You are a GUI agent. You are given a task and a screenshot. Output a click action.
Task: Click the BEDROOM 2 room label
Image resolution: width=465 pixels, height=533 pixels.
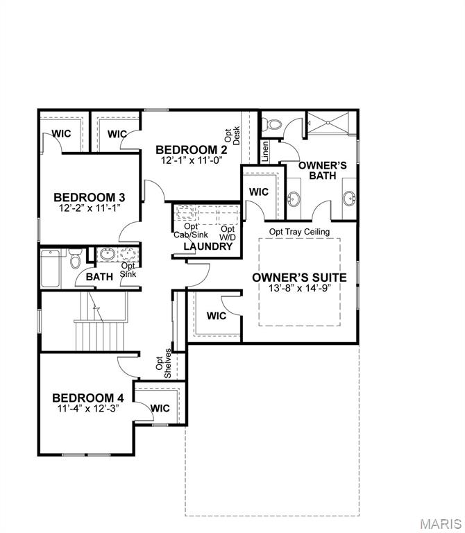pyautogui.click(x=191, y=149)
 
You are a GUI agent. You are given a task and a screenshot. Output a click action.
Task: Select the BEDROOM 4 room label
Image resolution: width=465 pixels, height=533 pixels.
pyautogui.click(x=88, y=398)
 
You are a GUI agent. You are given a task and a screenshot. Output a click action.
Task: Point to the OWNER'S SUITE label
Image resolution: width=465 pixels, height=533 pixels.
pyautogui.click(x=300, y=276)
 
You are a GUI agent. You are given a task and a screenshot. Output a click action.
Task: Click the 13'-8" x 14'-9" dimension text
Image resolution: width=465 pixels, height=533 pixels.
pyautogui.click(x=300, y=287)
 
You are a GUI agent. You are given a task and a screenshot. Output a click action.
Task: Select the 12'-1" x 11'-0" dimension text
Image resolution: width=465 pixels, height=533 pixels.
pyautogui.click(x=191, y=160)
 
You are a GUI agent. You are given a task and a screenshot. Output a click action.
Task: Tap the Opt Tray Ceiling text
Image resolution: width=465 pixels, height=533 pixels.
pyautogui.click(x=299, y=232)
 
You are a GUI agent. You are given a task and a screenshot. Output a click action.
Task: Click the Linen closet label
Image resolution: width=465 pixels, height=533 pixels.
pyautogui.click(x=265, y=151)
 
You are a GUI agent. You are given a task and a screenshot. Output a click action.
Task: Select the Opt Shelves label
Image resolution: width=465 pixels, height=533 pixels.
pyautogui.click(x=163, y=367)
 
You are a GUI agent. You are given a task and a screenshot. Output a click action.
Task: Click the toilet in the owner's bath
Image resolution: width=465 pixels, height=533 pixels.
pyautogui.click(x=273, y=125)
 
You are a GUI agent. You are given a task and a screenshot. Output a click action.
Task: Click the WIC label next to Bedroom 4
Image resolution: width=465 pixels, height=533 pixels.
pyautogui.click(x=160, y=408)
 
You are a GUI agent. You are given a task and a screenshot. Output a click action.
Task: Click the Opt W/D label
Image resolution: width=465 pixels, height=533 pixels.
pyautogui.click(x=228, y=232)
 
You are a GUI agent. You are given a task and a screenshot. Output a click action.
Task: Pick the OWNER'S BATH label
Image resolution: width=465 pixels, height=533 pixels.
pyautogui.click(x=317, y=171)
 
